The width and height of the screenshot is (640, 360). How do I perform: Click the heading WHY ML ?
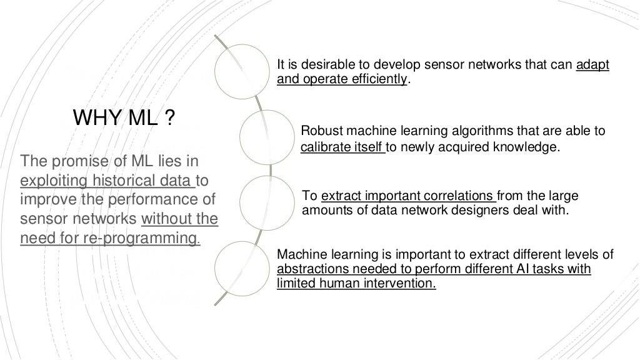(x=124, y=117)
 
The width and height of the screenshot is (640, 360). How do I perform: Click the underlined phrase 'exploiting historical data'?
(x=107, y=181)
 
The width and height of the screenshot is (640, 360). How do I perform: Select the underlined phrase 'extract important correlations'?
(x=409, y=196)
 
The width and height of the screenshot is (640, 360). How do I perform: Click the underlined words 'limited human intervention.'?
(x=356, y=282)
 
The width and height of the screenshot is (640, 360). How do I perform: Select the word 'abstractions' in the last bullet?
(x=306, y=269)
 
